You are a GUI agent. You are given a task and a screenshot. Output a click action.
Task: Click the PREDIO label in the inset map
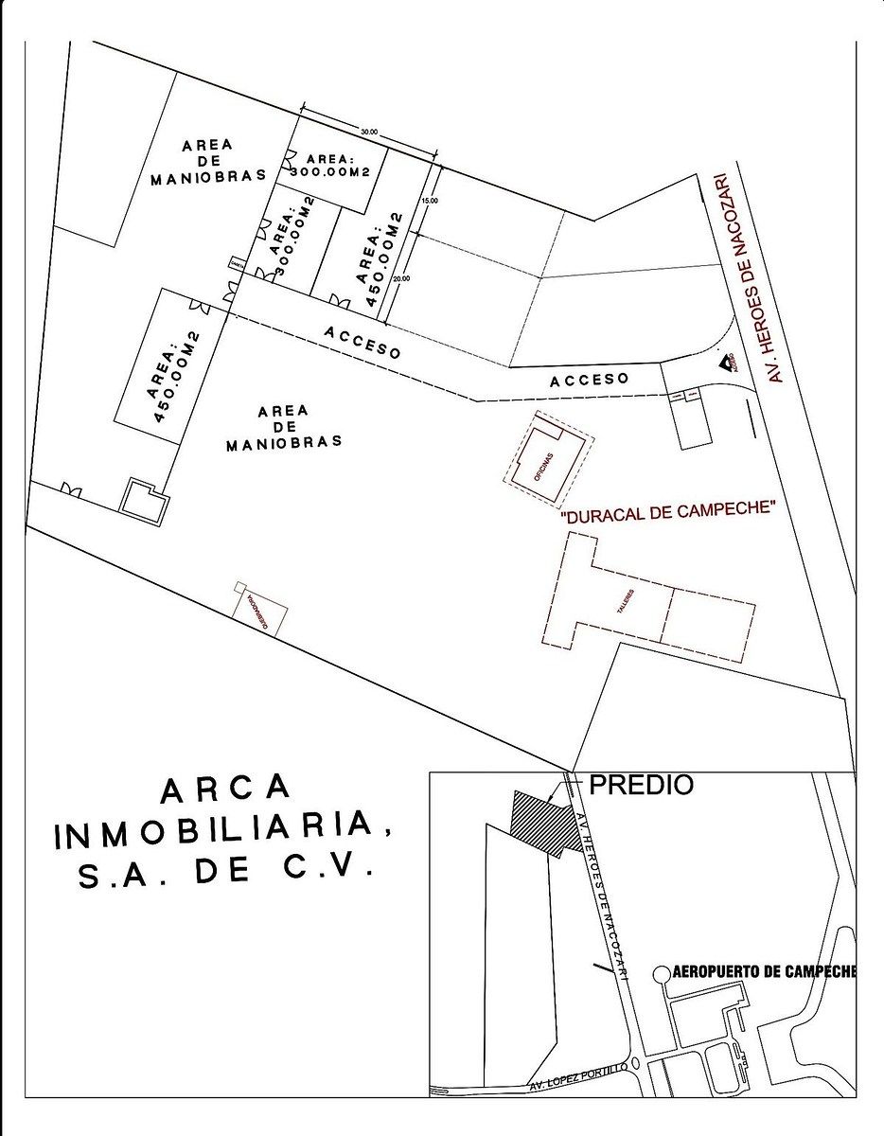[x=642, y=785]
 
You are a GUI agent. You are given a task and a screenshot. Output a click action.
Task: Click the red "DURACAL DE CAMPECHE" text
[x=668, y=512]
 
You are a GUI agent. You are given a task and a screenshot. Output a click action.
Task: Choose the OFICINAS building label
[x=545, y=467]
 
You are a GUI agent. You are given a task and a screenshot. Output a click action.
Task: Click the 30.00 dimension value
[x=368, y=132]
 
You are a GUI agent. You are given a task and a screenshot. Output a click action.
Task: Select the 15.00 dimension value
[x=431, y=201]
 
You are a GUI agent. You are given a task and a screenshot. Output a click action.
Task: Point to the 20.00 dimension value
[x=404, y=278]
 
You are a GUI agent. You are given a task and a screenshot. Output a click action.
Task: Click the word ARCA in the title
[x=224, y=788]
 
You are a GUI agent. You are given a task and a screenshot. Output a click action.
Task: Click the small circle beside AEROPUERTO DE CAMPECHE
[x=663, y=972]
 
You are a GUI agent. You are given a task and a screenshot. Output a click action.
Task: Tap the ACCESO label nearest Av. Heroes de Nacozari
[x=590, y=379]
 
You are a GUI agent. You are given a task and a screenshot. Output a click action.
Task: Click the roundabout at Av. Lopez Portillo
[x=635, y=1063]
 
